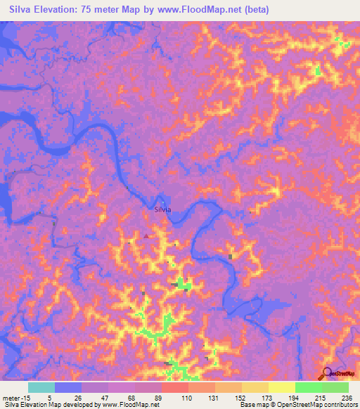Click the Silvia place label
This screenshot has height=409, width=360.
click(162, 209)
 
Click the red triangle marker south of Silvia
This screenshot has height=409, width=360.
click(146, 236)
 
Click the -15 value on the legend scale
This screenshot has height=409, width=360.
click(24, 397)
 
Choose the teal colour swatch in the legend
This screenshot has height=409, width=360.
click(41, 387)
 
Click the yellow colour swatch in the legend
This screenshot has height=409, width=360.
click(281, 387)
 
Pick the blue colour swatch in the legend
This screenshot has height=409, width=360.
click(68, 387)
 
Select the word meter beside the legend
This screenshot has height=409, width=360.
click(10, 397)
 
